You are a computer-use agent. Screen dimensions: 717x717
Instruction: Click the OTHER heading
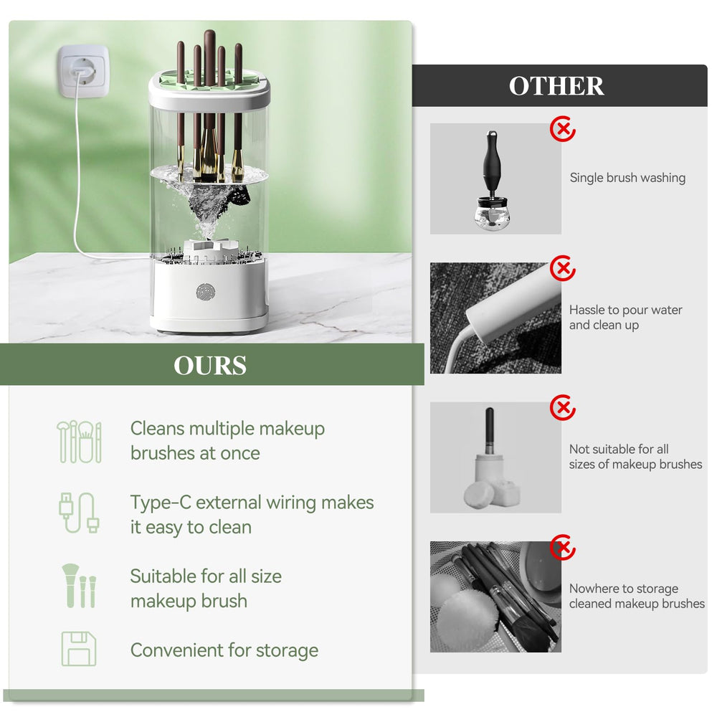tap(556, 86)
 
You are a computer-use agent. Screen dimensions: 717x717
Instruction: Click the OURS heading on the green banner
tap(210, 366)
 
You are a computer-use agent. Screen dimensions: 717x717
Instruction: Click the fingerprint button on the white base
tap(205, 292)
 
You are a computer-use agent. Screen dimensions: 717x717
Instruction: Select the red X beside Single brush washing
tap(563, 129)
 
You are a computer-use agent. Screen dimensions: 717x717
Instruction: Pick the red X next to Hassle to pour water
tap(563, 268)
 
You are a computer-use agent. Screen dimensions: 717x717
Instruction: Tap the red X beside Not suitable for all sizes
tap(563, 407)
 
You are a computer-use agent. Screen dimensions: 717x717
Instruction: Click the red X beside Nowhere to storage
tap(563, 547)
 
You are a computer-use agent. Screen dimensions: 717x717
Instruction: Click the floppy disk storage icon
tap(79, 649)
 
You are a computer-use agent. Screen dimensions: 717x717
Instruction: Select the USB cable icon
tap(79, 513)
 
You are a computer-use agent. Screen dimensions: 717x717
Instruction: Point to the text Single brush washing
tap(627, 177)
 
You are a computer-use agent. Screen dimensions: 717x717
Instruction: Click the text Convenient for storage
tap(224, 650)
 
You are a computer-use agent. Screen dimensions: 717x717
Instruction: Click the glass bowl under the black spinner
tap(493, 214)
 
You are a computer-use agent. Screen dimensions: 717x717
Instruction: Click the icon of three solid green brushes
tap(79, 586)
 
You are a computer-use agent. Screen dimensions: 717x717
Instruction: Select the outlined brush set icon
tap(79, 442)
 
